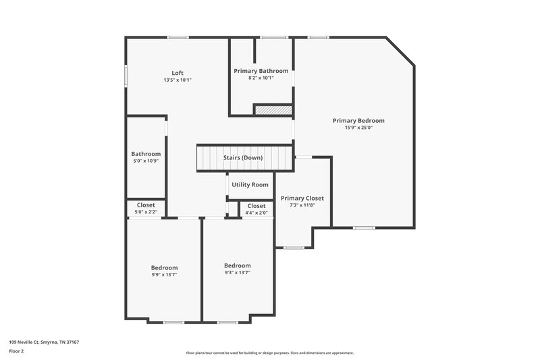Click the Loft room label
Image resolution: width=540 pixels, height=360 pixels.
[178, 73]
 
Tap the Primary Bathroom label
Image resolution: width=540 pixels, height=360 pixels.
[261, 71]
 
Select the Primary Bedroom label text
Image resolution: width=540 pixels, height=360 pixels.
[358, 121]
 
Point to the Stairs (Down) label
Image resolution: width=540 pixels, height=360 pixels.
[243, 158]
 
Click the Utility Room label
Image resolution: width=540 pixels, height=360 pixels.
[250, 184]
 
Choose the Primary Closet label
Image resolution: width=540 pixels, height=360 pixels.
[302, 198]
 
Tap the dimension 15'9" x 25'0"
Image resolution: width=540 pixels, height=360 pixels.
[358, 128]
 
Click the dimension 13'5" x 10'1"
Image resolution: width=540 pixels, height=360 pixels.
[178, 80]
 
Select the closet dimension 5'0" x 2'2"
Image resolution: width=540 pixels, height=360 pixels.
[146, 212]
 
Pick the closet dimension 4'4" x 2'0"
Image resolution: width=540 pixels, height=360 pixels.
[256, 213]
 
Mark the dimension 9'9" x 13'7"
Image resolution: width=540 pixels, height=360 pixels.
[164, 274]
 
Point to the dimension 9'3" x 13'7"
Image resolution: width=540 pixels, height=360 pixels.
[237, 272]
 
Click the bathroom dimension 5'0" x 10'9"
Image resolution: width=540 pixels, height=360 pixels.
[146, 160]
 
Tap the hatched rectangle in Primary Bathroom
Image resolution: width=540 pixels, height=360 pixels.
[273, 109]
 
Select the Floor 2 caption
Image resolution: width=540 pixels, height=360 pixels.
[16, 351]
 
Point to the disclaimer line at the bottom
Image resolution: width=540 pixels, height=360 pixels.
[269, 353]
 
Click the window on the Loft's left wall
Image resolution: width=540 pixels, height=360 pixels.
[125, 76]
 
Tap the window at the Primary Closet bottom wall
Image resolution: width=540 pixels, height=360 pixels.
[293, 247]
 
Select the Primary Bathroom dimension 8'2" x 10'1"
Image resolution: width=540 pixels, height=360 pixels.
[261, 78]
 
